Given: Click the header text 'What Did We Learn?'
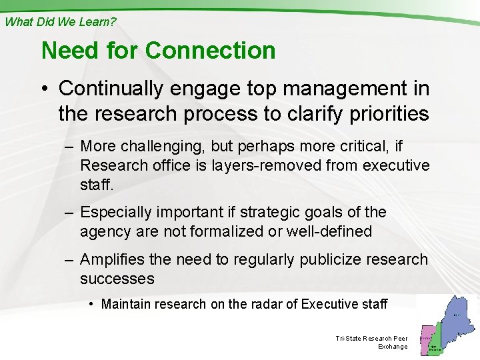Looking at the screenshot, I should [60, 21].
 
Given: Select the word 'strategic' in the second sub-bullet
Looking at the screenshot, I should [257, 212].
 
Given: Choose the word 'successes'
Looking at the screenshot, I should [117, 278].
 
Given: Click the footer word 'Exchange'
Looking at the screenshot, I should [393, 347].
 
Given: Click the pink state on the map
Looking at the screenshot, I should [425, 339].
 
